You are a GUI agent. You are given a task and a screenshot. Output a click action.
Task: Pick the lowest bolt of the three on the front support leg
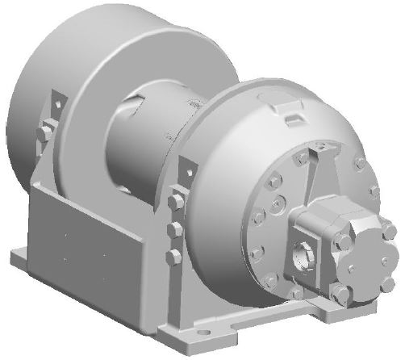pyautogui.click(x=173, y=257)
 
